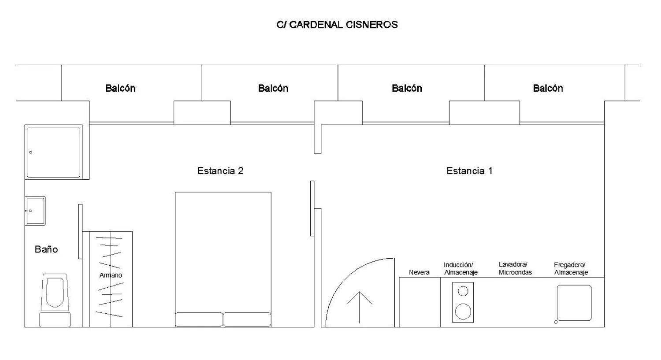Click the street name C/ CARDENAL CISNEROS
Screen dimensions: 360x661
pos(337,25)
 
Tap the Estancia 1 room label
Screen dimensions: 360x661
pos(469,171)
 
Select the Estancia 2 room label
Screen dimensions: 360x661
pos(220,171)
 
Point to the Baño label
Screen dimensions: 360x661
pos(46,249)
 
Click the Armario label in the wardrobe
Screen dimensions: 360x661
pos(111,275)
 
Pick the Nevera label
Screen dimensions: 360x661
pos(419,272)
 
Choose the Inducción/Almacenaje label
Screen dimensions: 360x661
pos(460,269)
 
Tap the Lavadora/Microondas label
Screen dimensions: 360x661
pos(515,268)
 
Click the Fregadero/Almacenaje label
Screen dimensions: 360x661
pos(571,269)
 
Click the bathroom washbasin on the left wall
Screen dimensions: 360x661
pos(36,211)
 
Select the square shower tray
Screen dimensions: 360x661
pos(54,152)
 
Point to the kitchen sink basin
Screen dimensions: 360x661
pos(574,303)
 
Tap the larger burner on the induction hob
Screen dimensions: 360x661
pos(463,311)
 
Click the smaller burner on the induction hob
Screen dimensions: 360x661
pos(463,291)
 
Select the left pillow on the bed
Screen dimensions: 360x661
pos(199,319)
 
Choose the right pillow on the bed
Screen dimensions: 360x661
pos(247,319)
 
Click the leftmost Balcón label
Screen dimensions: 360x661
pos(120,88)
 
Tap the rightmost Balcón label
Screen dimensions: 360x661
pos(548,88)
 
